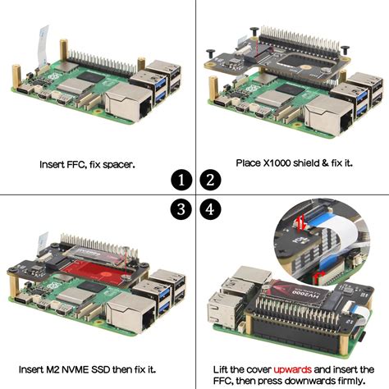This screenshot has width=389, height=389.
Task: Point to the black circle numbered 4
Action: pos(209,209)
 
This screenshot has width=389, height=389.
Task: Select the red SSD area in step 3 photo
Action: pos(86,272)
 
